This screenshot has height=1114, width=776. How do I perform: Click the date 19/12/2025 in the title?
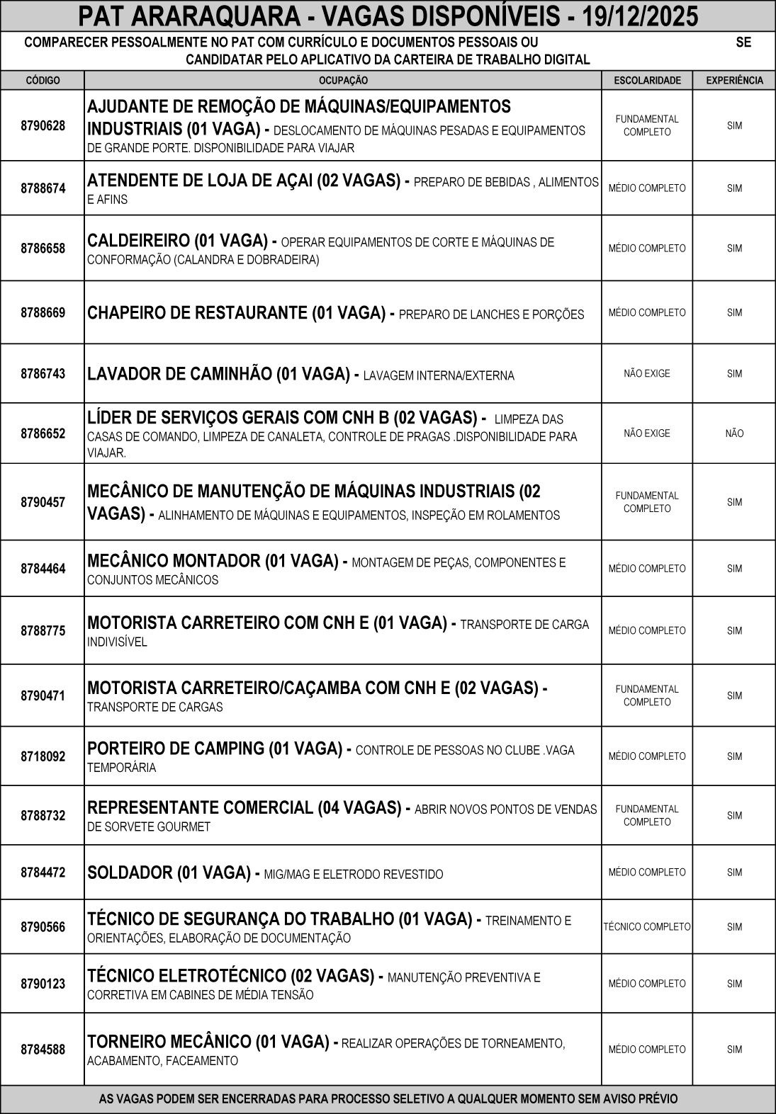(638, 16)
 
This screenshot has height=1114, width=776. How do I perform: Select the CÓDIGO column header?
(43, 81)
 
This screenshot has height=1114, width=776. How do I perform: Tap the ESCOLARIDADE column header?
(647, 81)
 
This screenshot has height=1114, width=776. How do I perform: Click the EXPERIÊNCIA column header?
(734, 81)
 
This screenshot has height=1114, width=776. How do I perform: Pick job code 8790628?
(43, 126)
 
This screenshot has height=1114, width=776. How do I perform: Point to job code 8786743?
(43, 374)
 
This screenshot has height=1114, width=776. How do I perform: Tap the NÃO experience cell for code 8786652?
(734, 433)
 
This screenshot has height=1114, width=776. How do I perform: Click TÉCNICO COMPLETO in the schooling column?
(647, 927)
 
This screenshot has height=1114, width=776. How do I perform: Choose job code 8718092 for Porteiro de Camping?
(43, 756)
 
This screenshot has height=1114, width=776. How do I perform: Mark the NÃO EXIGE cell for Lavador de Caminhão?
(647, 374)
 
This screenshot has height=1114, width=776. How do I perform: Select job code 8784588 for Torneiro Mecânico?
(43, 1050)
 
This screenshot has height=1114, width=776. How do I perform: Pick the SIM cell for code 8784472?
(734, 873)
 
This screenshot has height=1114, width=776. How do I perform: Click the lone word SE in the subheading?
(743, 42)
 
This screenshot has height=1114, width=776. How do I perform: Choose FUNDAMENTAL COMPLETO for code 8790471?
(647, 695)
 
